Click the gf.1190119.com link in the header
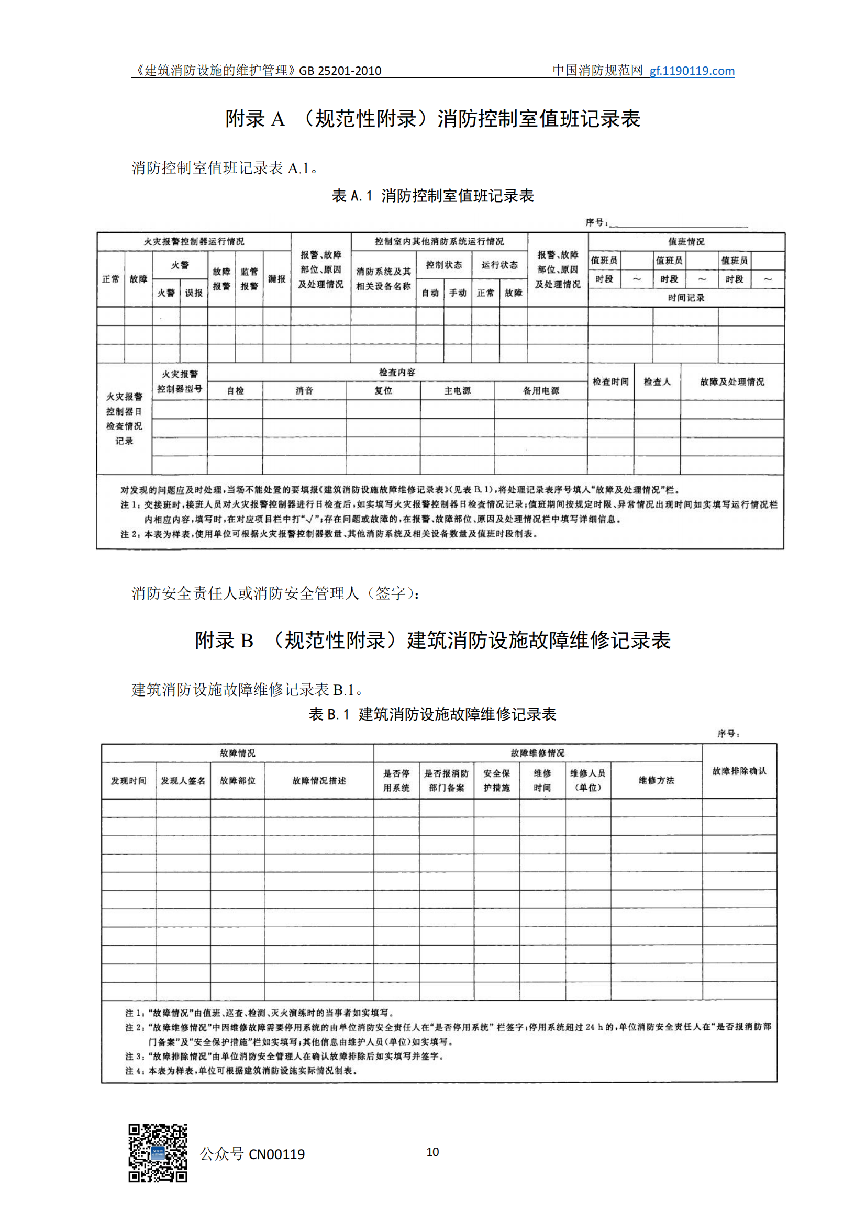click(692, 71)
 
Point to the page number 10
click(432, 1151)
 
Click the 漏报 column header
click(277, 279)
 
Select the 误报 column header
click(194, 293)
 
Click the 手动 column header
click(458, 293)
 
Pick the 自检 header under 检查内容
click(235, 391)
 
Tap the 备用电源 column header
click(541, 391)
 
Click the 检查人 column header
click(657, 381)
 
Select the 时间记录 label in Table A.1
click(686, 297)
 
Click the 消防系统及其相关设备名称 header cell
click(383, 279)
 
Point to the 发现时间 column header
click(128, 780)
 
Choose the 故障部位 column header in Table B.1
click(237, 780)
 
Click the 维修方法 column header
click(657, 780)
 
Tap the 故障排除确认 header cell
click(739, 771)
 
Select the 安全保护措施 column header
click(496, 780)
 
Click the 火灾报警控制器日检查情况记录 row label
click(124, 419)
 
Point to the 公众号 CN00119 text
click(252, 1154)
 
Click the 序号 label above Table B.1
click(728, 734)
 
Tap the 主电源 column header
click(458, 391)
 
